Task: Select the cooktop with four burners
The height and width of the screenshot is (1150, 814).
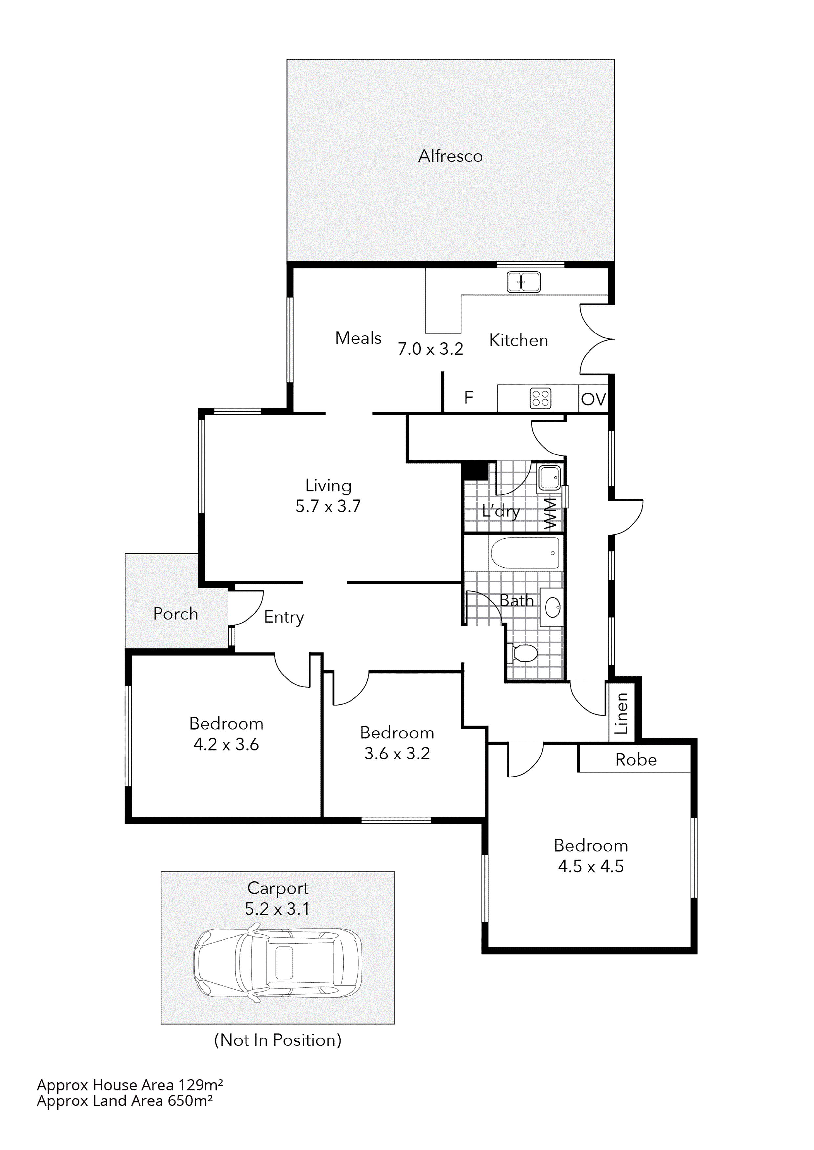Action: point(540,399)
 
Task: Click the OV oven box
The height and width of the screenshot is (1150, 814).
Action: point(593,399)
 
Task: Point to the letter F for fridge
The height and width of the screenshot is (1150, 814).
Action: point(469,398)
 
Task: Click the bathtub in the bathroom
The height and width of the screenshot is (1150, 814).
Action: point(525,553)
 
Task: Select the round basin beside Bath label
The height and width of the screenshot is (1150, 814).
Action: point(553,608)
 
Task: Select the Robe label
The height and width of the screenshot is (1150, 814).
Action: point(635,760)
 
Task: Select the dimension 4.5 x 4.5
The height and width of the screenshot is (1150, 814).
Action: point(590,866)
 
